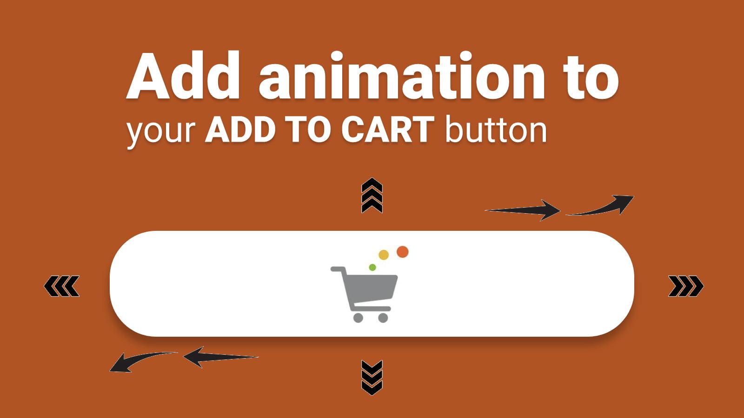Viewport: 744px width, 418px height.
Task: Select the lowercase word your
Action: coord(161,132)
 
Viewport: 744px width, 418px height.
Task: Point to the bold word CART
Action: coord(388,130)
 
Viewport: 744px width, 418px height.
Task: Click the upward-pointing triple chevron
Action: coord(372,196)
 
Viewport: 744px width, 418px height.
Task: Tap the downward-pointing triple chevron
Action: coord(372,378)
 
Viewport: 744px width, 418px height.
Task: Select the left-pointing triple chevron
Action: coord(62,286)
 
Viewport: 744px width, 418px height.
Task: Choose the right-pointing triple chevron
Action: coord(686,286)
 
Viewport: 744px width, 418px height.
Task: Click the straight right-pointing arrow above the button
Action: coord(523,210)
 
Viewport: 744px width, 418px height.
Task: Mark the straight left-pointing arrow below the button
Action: coord(220,357)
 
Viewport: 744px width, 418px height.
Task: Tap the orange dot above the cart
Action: coord(403,252)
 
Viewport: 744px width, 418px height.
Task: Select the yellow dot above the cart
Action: coord(384,255)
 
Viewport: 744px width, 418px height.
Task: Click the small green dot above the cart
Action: coord(372,268)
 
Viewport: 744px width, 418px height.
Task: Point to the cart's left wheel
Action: coord(358,318)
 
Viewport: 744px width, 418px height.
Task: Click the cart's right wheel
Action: coord(383,318)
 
